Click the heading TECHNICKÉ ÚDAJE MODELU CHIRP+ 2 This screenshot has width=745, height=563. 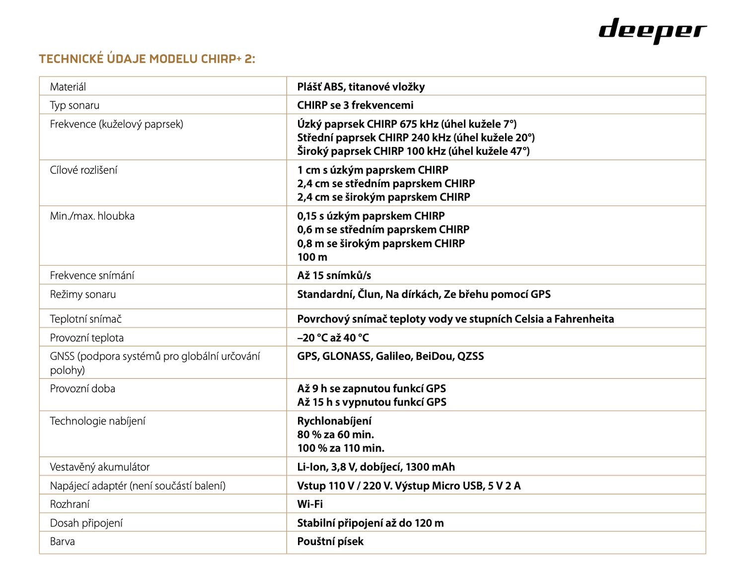tap(147, 59)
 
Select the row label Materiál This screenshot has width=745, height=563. tap(68, 87)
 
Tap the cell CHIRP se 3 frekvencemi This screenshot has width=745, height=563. tap(355, 105)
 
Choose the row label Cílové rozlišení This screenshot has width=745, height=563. tap(83, 170)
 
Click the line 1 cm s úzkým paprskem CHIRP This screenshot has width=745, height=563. tap(372, 170)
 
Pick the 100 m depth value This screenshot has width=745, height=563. tap(312, 257)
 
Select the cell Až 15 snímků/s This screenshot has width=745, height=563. tap(334, 276)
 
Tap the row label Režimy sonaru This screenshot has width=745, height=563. tap(83, 294)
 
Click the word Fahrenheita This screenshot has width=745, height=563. tap(584, 319)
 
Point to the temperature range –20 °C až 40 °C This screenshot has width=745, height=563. tap(333, 338)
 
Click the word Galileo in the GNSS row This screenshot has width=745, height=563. tap(394, 356)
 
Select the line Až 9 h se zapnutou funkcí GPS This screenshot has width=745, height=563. tap(372, 389)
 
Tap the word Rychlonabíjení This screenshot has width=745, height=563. tap(334, 421)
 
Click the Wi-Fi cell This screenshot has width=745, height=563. tap(310, 504)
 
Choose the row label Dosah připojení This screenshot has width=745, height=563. tap(86, 523)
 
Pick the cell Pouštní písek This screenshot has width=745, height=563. tap(330, 542)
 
